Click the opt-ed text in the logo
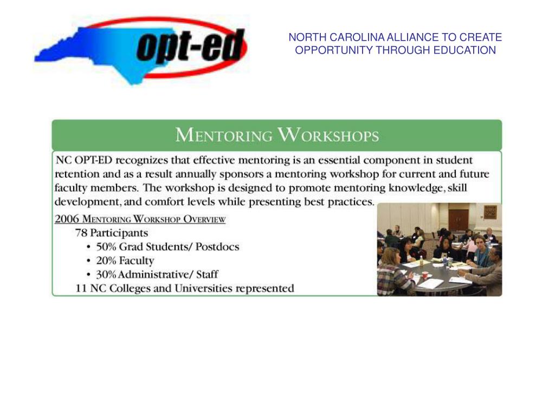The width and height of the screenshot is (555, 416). [x=188, y=47]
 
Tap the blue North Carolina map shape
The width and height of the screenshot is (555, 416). [x=81, y=54]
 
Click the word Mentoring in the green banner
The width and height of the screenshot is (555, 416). [x=223, y=135]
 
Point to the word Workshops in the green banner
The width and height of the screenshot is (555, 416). [x=328, y=135]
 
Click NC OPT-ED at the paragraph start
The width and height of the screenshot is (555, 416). [x=85, y=160]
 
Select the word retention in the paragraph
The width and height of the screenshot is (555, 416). [x=77, y=174]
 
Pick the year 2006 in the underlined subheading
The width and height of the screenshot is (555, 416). [x=67, y=219]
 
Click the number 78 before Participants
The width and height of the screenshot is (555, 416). [x=81, y=233]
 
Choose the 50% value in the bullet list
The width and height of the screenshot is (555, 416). [x=106, y=247]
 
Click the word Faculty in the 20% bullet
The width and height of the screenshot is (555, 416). [x=137, y=261]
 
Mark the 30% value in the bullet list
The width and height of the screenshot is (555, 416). [x=106, y=275]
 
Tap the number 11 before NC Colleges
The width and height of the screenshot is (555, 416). [x=81, y=288]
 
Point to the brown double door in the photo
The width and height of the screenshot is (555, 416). [x=458, y=219]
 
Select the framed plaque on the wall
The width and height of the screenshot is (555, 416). [x=490, y=212]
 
